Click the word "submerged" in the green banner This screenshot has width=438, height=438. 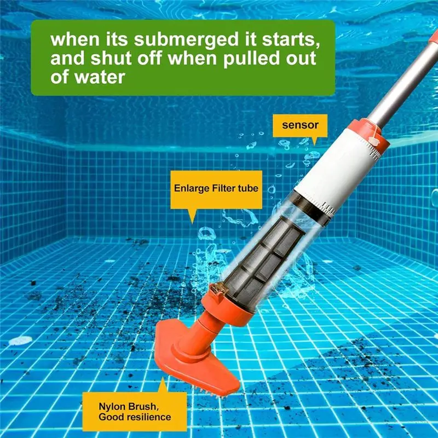click(x=186, y=39)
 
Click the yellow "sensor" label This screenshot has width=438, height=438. click(x=300, y=125)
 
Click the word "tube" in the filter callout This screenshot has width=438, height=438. click(x=248, y=188)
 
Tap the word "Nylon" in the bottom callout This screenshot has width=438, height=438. click(x=112, y=406)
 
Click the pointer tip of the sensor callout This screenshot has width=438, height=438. click(x=314, y=145)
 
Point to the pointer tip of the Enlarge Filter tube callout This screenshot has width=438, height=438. click(x=192, y=223)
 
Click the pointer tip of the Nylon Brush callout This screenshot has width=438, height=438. click(x=163, y=377)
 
